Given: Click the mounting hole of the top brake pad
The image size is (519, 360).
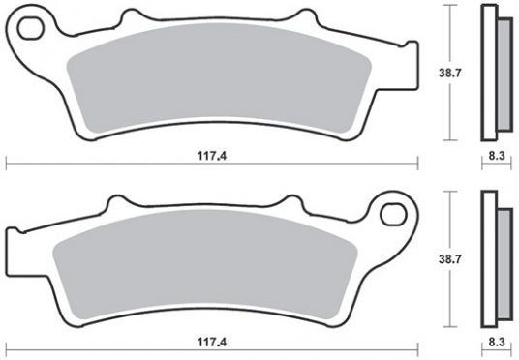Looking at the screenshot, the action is (x=31, y=27).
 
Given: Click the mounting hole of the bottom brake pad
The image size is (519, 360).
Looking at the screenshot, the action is (x=393, y=215).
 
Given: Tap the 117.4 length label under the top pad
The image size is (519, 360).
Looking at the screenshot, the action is (x=212, y=156).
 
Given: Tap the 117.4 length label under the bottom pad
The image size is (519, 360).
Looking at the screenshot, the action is (x=212, y=342).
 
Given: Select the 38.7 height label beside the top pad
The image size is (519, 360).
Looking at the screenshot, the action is (x=449, y=73).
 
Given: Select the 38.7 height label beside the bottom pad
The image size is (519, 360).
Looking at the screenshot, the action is (x=449, y=259).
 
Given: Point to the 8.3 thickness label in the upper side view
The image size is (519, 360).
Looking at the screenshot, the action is (x=497, y=156).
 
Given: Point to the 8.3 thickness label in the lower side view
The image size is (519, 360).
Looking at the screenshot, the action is (x=497, y=342).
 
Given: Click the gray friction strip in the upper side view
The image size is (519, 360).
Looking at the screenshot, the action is (x=504, y=75).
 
